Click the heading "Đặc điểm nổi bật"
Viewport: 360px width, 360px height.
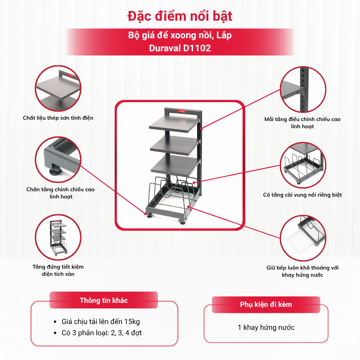point(180,16)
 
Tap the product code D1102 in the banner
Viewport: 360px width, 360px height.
point(197,48)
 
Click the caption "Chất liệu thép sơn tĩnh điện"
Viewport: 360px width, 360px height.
point(58,118)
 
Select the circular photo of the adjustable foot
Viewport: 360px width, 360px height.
point(58,160)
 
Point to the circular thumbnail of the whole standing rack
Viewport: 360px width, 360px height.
point(58,237)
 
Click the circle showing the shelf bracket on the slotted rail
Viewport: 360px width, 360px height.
point(303,89)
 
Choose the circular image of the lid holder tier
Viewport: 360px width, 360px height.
point(303,165)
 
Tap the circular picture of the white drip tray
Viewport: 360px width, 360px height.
point(303,238)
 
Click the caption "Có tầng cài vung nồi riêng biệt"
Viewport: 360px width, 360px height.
point(302,195)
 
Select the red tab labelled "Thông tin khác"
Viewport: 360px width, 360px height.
point(104,300)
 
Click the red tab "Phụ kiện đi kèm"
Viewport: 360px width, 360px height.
point(266,305)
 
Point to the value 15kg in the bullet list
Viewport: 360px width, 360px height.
point(132,322)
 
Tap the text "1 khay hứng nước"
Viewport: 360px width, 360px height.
point(266,328)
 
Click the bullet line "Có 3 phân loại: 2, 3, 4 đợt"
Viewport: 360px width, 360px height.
point(102,333)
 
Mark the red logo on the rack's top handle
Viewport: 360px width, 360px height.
point(182,111)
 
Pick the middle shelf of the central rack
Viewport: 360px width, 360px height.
point(174,145)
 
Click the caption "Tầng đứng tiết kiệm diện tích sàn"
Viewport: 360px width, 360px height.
point(58,270)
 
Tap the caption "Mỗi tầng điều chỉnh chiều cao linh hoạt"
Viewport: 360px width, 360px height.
point(302,123)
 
